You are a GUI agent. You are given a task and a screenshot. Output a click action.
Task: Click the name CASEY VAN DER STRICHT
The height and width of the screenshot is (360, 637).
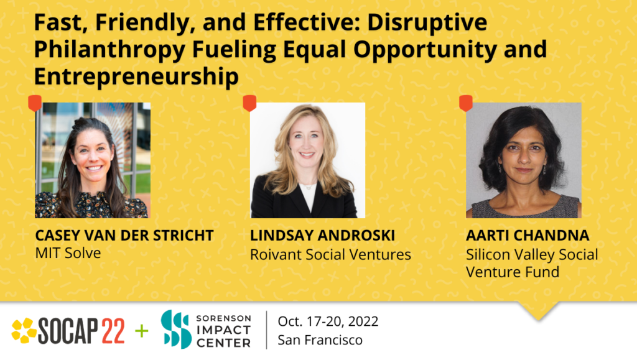pos(124,236)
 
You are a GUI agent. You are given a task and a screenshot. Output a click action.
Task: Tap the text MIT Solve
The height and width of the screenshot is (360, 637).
pos(67,253)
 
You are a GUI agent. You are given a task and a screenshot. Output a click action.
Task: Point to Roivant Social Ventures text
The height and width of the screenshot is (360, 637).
pos(330,254)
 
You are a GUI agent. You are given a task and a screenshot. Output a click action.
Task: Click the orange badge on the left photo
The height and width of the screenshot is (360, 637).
pos(35,103)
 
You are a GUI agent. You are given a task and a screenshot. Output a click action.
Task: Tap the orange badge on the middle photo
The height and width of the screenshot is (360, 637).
pos(249,103)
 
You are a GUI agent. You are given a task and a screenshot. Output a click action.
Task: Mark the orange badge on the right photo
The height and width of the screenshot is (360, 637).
pos(466,103)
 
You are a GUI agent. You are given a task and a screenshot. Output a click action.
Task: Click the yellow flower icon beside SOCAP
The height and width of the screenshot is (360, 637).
pos(24,331)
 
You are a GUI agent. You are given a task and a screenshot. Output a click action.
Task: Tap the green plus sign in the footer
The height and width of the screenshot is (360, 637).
pos(142,331)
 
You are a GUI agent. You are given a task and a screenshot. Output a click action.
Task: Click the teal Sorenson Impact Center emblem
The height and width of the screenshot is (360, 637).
pos(175,330)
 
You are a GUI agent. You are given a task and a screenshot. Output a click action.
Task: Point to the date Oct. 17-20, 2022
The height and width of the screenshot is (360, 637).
pos(328,321)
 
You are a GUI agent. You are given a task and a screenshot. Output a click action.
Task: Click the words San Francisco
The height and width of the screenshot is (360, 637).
pos(320,340)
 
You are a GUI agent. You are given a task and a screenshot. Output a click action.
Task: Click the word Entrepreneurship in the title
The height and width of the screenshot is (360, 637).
pos(136,76)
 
